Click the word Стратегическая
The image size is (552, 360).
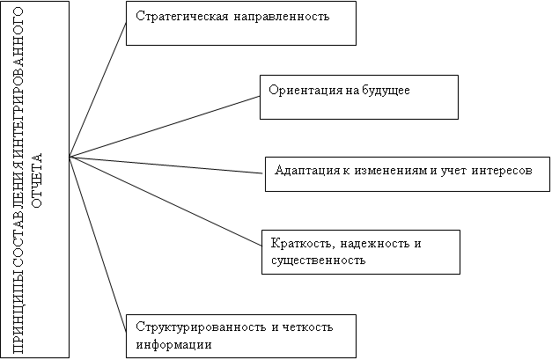point(182,17)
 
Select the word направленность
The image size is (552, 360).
point(281,17)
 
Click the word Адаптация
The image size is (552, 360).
point(307,171)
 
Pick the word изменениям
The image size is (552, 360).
point(391,171)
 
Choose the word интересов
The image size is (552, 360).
point(502,171)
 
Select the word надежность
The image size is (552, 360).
point(375,243)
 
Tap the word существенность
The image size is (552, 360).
point(318,261)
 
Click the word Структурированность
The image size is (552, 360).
point(201,327)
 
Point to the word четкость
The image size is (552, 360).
point(307,327)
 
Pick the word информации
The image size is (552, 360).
point(174,344)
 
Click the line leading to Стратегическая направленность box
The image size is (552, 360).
point(98,90)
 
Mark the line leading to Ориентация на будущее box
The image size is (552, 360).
point(165,127)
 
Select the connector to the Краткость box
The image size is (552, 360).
point(166,201)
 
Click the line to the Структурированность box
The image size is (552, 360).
point(98,245)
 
